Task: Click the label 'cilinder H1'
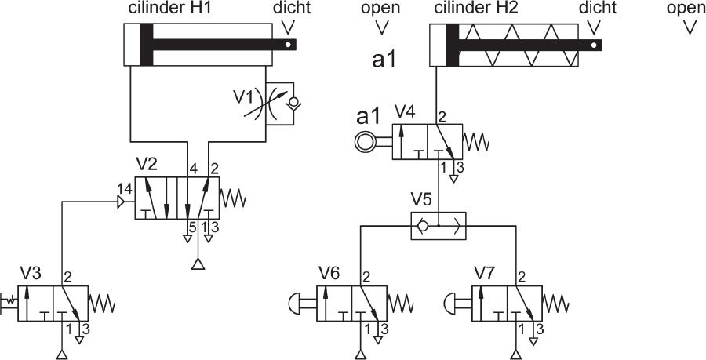click(x=166, y=9)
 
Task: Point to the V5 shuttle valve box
click(x=439, y=225)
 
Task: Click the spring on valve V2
click(x=232, y=198)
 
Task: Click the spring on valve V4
click(x=476, y=142)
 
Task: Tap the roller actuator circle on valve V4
click(x=363, y=142)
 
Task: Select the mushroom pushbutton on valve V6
click(x=294, y=303)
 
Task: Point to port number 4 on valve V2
click(x=194, y=170)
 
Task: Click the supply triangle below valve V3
click(x=62, y=355)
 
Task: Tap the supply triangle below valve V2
click(x=198, y=264)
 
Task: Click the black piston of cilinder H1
click(x=147, y=45)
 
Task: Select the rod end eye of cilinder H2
click(x=595, y=45)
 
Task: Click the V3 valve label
click(x=31, y=273)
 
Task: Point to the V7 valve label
click(x=486, y=273)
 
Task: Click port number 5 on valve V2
click(x=193, y=228)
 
